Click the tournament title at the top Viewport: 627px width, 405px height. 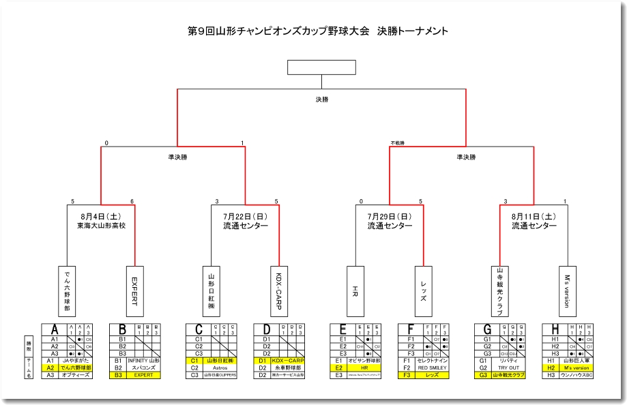pyautogui.click(x=317, y=31)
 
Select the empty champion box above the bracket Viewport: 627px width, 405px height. pyautogui.click(x=321, y=67)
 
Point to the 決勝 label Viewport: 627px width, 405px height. pyautogui.click(x=321, y=100)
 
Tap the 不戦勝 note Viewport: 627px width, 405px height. pyautogui.click(x=398, y=143)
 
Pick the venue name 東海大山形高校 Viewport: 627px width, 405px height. pyautogui.click(x=101, y=226)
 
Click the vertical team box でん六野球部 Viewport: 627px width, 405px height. pyautogui.click(x=67, y=290)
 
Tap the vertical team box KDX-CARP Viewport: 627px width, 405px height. pyautogui.click(x=279, y=290)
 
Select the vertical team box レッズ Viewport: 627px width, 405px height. pyautogui.click(x=424, y=290)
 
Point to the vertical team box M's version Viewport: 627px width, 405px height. pyautogui.click(x=568, y=290)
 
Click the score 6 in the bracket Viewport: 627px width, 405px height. pyautogui.click(x=132, y=202)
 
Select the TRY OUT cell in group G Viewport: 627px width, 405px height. pyautogui.click(x=508, y=367)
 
